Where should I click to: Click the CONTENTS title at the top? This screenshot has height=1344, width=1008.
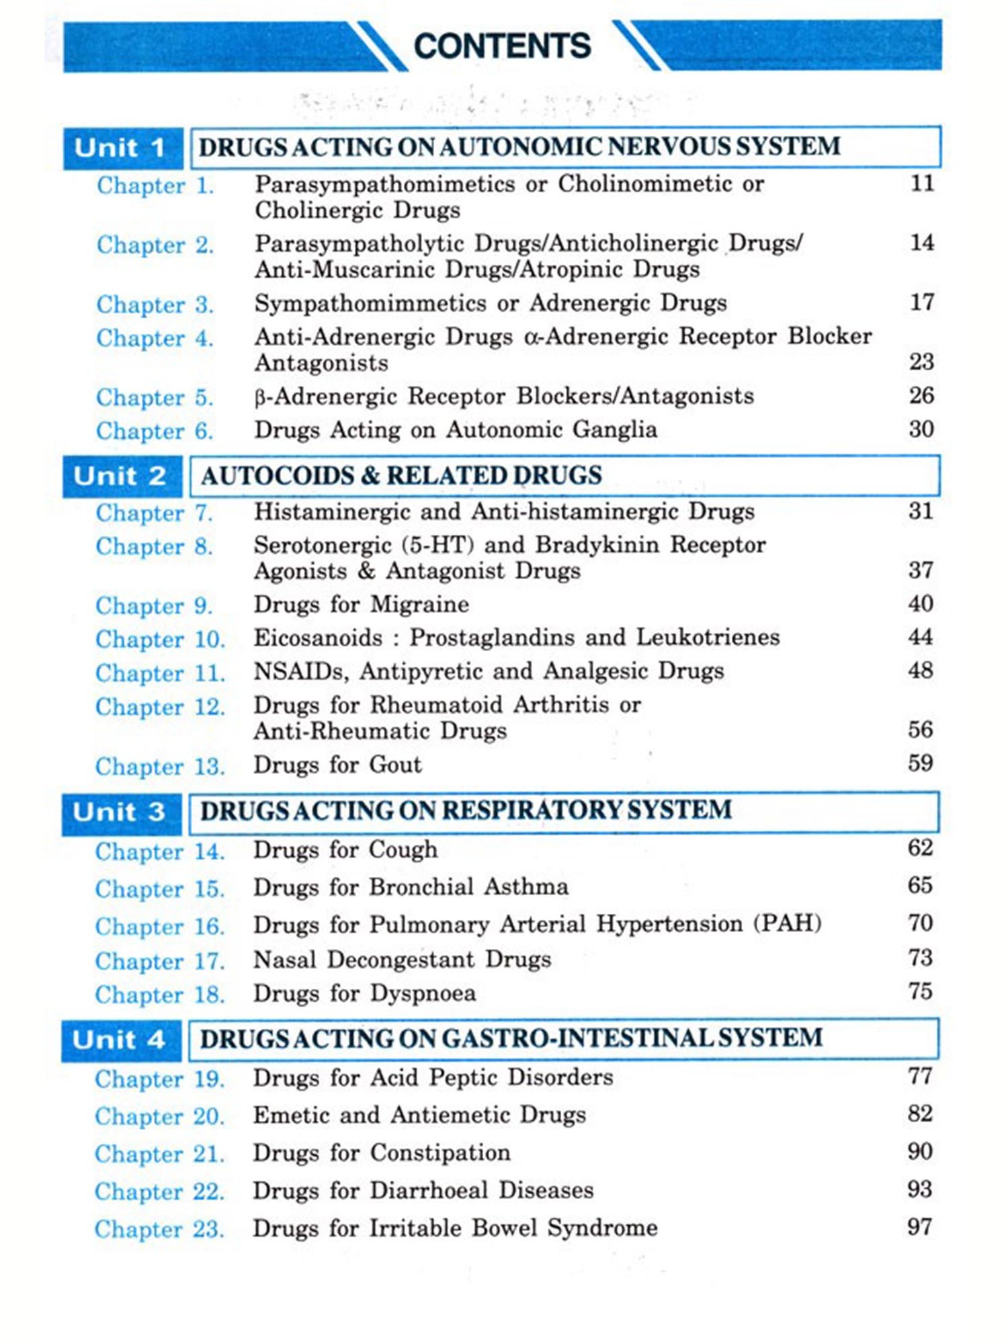(x=502, y=46)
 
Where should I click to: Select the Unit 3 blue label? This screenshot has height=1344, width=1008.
(x=120, y=812)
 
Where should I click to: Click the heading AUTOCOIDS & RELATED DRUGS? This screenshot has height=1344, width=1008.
(x=401, y=476)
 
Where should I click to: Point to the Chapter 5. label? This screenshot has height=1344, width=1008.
(x=155, y=397)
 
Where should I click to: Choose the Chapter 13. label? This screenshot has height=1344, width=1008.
(x=160, y=766)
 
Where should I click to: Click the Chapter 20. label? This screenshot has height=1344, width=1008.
(x=159, y=1116)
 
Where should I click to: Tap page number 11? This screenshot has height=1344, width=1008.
(x=922, y=183)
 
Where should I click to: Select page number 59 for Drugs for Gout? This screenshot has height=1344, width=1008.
(x=920, y=763)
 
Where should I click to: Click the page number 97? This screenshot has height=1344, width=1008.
(x=919, y=1227)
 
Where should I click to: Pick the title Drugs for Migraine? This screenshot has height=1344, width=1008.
(x=361, y=604)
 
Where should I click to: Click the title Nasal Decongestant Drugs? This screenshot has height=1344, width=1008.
(x=402, y=959)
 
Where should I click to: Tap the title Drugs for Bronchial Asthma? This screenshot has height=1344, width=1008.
(x=411, y=887)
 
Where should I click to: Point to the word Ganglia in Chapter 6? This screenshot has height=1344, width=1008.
(x=618, y=429)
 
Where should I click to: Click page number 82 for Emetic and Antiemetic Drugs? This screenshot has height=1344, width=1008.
(x=920, y=1114)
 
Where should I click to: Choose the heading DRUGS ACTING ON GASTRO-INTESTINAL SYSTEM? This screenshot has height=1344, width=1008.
(x=511, y=1038)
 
